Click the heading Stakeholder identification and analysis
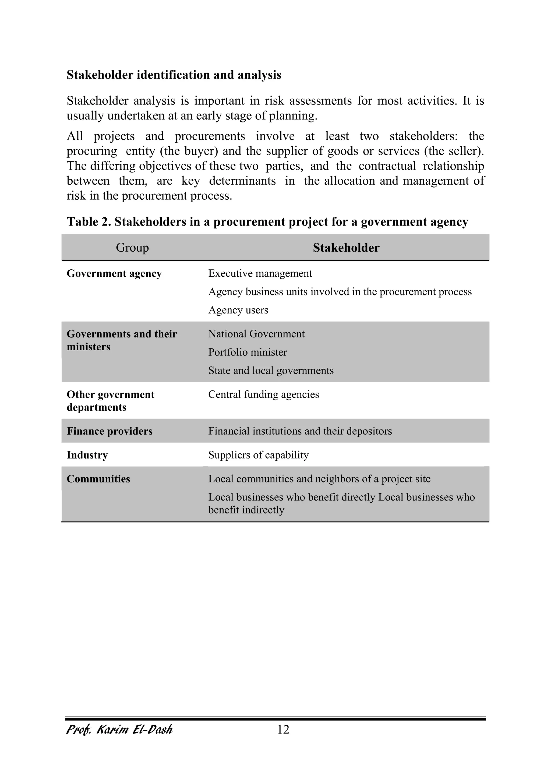[174, 75]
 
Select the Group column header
[132, 248]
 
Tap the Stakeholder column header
[346, 248]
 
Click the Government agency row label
[114, 273]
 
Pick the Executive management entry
[260, 273]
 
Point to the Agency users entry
[238, 310]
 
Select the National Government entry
[256, 334]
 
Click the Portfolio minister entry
[247, 352]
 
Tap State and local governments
[271, 371]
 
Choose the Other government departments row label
[110, 401]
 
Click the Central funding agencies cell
[264, 394]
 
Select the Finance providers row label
[110, 431]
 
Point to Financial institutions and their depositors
[300, 431]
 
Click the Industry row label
[87, 455]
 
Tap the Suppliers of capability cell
[258, 455]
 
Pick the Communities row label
[98, 479]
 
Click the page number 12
[283, 729]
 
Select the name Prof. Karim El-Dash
[119, 729]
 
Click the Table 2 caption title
[267, 222]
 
